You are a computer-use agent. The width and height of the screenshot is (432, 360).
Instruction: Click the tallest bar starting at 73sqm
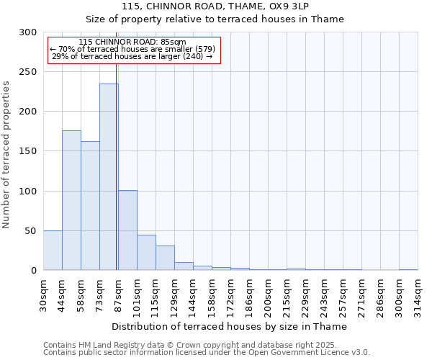pyautogui.click(x=109, y=177)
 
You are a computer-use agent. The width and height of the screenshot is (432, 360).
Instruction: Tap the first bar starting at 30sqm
pyautogui.click(x=53, y=251)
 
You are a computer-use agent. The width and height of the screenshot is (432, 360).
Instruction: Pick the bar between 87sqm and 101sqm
pyautogui.click(x=127, y=230)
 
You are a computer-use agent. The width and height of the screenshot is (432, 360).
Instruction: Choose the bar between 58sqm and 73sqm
pyautogui.click(x=90, y=206)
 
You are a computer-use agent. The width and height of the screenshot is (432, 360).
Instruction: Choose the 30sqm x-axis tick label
pyautogui.click(x=43, y=294)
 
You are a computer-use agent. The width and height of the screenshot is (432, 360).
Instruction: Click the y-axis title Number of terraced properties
pyautogui.click(x=7, y=155)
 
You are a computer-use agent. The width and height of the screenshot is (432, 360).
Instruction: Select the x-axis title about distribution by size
pyautogui.click(x=230, y=326)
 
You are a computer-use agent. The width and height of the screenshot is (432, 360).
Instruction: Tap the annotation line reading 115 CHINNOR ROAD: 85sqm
pyautogui.click(x=132, y=42)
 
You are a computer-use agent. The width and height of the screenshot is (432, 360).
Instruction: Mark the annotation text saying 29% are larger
pyautogui.click(x=132, y=56)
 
